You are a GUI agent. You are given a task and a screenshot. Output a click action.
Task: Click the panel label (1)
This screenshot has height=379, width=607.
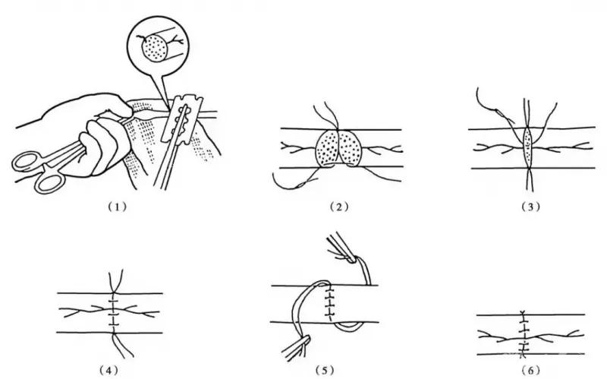(117, 207)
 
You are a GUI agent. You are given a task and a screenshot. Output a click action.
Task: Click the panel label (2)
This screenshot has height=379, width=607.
(339, 207)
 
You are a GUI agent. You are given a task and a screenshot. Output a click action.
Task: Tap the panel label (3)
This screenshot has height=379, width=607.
(530, 207)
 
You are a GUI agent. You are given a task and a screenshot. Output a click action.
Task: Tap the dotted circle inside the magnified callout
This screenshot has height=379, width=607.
(155, 48)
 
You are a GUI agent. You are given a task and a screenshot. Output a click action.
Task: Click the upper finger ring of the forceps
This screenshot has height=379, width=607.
(27, 162)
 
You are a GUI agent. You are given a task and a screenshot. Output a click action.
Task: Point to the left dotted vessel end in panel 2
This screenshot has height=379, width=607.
(328, 148)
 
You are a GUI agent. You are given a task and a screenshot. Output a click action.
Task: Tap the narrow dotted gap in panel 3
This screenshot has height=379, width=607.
(527, 148)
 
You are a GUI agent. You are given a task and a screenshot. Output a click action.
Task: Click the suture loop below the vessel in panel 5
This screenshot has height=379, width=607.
(350, 327)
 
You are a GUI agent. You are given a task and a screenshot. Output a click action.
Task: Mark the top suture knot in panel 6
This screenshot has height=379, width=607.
(524, 313)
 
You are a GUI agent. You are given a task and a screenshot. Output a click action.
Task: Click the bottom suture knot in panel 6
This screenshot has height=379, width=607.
(524, 353)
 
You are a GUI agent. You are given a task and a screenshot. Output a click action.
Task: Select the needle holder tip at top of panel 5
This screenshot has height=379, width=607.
(351, 258)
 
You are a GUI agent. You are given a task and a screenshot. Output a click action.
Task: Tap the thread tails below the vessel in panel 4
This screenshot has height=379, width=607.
(123, 346)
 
